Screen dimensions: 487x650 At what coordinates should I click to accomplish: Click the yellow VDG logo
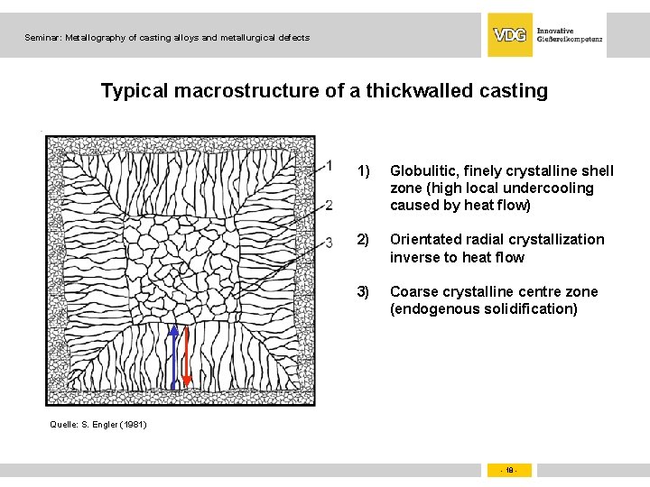tap(510, 35)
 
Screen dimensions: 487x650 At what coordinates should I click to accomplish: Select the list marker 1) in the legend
tap(364, 171)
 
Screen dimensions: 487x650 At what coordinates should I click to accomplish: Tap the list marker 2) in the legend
tap(364, 240)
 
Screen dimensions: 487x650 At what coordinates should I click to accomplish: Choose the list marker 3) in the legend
tap(364, 291)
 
